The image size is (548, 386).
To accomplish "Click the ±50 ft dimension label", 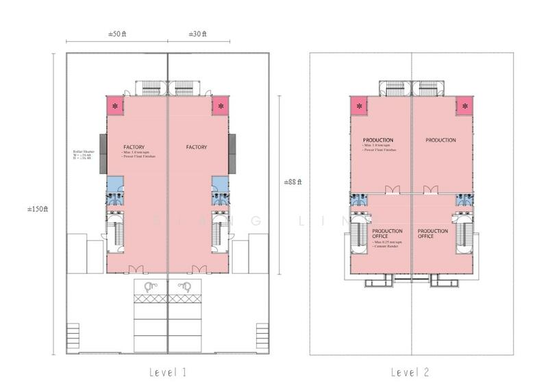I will coord(117,34).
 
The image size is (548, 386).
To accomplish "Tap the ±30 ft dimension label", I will coord(199,34).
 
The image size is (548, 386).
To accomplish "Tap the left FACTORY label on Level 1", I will coord(133,147).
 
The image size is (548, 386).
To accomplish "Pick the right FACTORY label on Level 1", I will coord(197,147).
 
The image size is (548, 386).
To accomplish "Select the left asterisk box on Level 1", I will coord(115,106).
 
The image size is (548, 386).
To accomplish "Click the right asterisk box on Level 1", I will coord(221,106).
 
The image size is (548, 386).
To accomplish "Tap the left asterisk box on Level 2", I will coord(358,106).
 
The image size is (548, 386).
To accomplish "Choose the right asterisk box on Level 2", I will coord(465,106).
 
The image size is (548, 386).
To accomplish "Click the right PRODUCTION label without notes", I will coord(440,141).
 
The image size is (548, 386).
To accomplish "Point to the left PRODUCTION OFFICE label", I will coord(387,234).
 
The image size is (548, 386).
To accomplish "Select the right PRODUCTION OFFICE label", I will coord(433,234).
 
